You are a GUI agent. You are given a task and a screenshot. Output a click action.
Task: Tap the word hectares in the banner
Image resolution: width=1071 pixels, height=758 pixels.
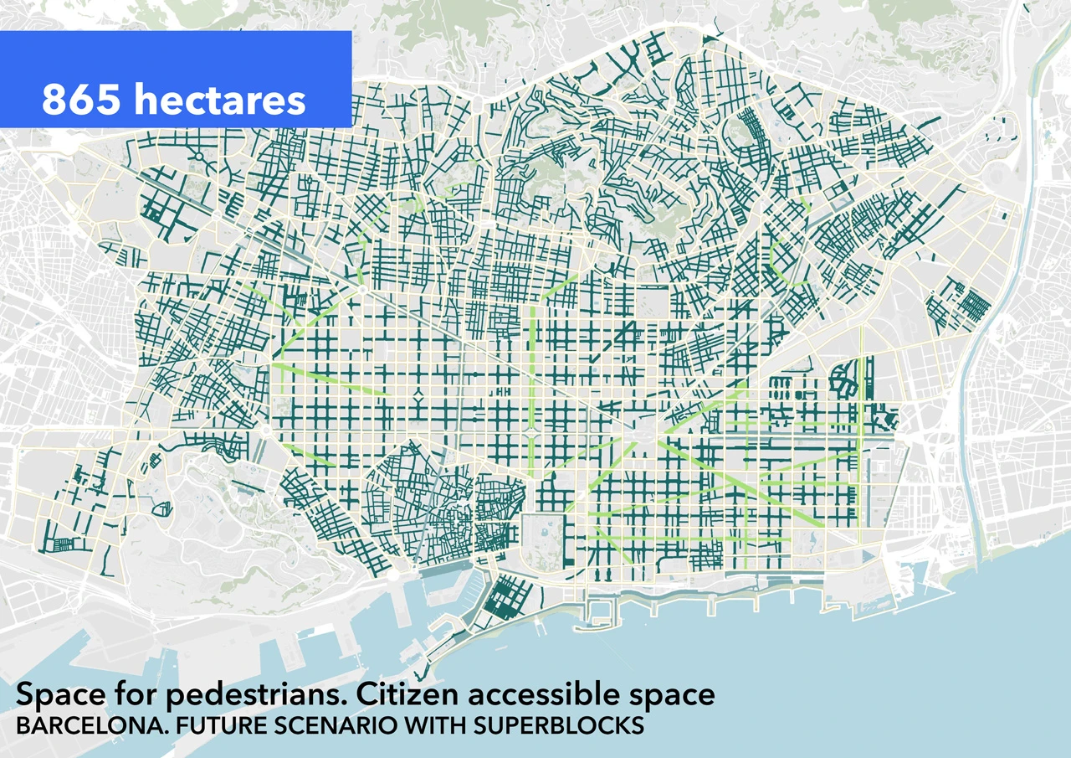click(219, 101)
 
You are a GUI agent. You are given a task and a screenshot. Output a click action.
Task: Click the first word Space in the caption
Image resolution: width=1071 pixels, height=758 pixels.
click(54, 694)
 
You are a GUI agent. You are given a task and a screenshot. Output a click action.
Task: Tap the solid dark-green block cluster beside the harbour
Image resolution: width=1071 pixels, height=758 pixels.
click(509, 598)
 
